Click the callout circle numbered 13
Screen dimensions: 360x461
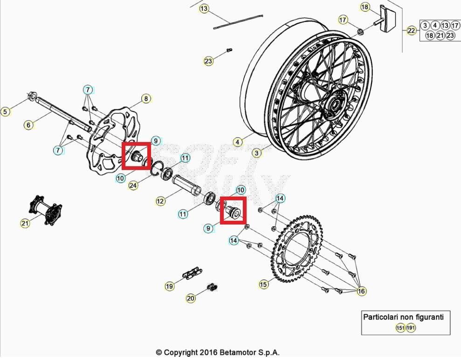point(204,9)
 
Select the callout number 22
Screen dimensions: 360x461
point(411,31)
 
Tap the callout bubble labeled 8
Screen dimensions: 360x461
point(146,99)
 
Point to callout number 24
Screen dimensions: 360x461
point(133,186)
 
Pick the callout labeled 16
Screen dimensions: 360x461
point(361,291)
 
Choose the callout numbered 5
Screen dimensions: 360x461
point(6,111)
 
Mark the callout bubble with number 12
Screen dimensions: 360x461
point(160,201)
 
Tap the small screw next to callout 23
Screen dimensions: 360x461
point(228,50)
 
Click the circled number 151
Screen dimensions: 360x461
point(400,328)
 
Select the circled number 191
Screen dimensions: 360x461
point(411,328)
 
